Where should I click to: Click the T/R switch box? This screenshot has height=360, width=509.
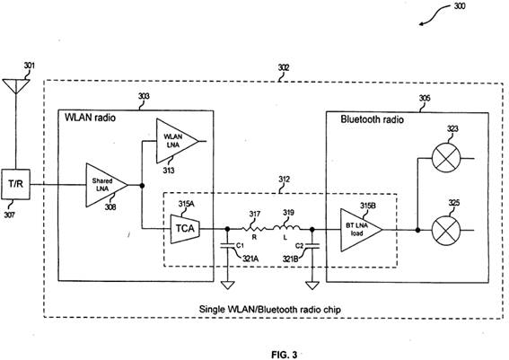click(15, 184)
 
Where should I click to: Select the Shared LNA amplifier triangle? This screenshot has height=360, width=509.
click(107, 185)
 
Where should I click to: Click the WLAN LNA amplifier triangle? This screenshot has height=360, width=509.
click(177, 141)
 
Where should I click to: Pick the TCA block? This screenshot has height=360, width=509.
click(185, 229)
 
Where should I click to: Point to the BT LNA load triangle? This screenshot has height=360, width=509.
click(361, 230)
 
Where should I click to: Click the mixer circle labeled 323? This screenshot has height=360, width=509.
click(446, 158)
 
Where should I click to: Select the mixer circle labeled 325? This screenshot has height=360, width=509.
click(446, 230)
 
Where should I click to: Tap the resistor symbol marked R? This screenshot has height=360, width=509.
click(254, 229)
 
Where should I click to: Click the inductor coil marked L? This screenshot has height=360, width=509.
click(286, 228)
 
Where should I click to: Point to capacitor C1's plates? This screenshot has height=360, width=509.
click(227, 245)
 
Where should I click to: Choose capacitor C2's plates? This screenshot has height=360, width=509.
click(312, 245)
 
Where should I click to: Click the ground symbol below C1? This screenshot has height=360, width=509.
click(227, 285)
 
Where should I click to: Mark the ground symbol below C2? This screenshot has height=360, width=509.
click(312, 285)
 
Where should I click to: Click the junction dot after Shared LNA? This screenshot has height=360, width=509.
click(142, 185)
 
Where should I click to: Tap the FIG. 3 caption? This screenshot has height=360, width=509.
click(284, 355)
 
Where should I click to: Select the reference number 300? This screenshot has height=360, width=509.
click(460, 6)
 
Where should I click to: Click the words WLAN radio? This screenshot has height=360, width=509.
click(90, 118)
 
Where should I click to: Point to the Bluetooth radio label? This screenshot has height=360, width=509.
click(372, 119)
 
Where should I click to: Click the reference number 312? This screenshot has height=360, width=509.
click(284, 180)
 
